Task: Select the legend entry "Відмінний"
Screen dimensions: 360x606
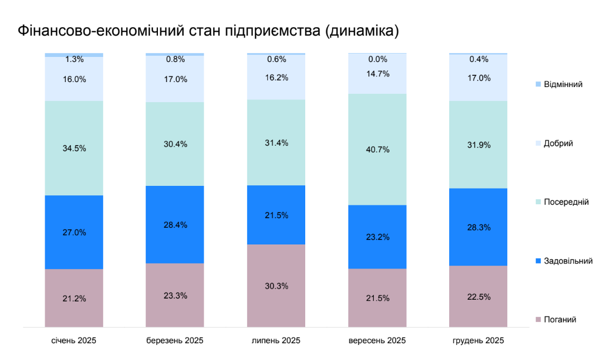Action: [563, 84]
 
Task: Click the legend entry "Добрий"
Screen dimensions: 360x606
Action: [558, 143]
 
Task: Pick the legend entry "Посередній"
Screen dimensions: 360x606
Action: [566, 202]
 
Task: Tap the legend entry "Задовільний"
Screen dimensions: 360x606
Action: [568, 261]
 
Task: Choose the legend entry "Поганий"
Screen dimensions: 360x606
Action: [560, 319]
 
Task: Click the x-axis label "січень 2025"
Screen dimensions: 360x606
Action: [74, 340]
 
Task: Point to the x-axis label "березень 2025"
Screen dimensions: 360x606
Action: [175, 340]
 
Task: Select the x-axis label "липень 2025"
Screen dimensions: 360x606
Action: [276, 340]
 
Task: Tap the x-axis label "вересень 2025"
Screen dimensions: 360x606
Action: [377, 340]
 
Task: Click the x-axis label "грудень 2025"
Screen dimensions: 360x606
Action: [478, 340]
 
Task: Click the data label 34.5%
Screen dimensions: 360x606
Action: [74, 148]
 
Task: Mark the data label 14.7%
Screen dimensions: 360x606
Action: [377, 74]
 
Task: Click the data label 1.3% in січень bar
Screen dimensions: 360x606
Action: [74, 59]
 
